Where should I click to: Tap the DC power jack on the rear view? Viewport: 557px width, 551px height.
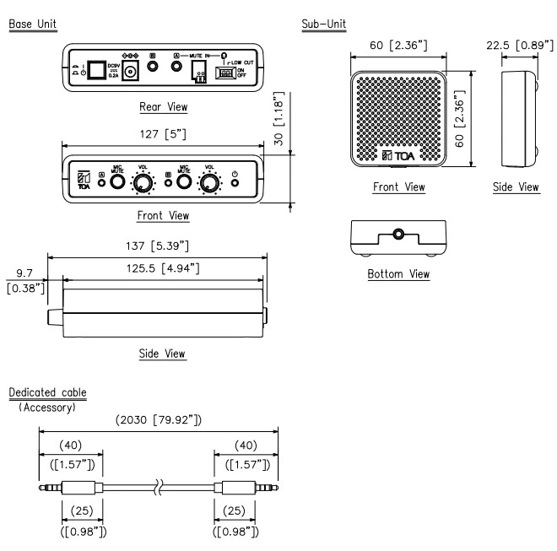tap(131, 73)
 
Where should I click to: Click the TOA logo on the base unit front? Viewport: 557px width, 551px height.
tap(83, 181)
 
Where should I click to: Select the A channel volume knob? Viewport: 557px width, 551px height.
tap(147, 182)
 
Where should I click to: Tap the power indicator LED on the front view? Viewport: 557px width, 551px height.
tap(234, 183)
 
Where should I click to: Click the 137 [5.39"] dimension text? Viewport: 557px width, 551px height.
tap(158, 245)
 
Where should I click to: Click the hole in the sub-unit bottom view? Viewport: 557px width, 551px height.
tap(397, 232)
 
